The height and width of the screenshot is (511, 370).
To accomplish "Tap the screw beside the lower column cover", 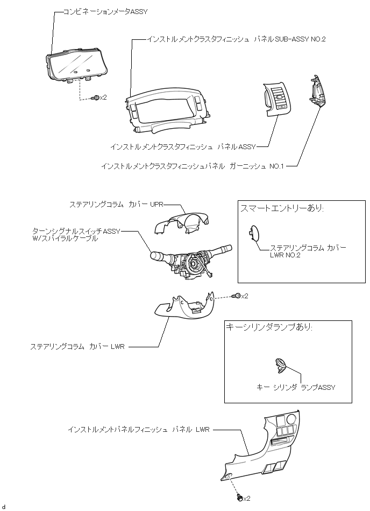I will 236,296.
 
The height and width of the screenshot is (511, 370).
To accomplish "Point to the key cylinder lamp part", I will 280,365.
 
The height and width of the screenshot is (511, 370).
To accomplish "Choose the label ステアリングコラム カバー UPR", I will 116,205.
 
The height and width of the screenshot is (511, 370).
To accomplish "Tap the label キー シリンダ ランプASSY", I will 297,387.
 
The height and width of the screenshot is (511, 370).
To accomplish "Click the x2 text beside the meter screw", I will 104,97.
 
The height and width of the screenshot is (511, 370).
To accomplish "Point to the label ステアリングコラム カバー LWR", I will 77,347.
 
